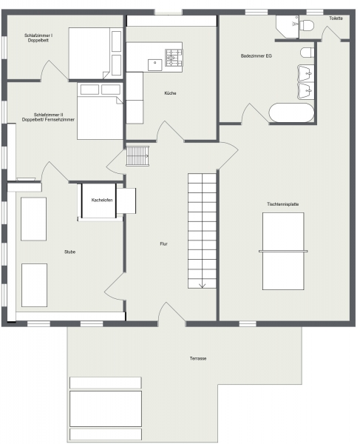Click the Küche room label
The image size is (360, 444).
[170, 93]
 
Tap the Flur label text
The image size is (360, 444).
[164, 243]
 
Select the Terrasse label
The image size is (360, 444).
[198, 358]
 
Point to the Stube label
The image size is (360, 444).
[69, 252]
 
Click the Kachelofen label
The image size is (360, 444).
[102, 200]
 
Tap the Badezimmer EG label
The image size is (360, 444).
[257, 55]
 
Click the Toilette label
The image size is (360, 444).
[336, 18]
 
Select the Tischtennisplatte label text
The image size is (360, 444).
[283, 204]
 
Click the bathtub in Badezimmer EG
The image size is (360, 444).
[291, 112]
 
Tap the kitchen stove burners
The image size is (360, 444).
[174, 58]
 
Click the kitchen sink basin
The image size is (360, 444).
[155, 65]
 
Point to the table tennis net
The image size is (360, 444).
[283, 251]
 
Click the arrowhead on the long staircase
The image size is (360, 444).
[202, 286]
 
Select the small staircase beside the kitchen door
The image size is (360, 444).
[137, 155]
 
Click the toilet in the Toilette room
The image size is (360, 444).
[307, 25]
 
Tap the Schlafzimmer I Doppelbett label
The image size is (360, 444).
[38, 38]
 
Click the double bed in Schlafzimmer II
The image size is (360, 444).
[100, 112]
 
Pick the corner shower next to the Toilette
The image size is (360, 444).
[288, 27]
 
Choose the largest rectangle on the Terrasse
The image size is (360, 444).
[106, 408]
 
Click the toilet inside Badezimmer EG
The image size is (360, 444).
[307, 53]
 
